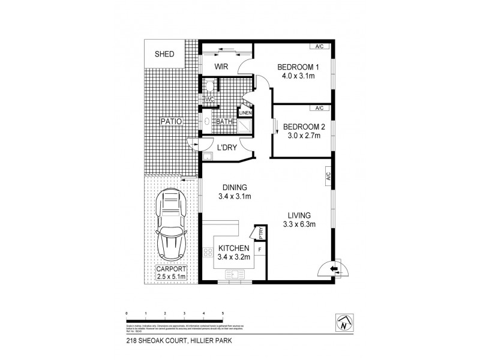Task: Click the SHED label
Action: tap(164, 55)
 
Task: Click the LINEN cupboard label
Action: tap(246, 113)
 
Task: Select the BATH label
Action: tap(224, 122)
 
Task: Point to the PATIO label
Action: tap(170, 122)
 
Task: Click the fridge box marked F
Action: tap(260, 248)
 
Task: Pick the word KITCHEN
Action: tap(233, 248)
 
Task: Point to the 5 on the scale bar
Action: tap(223, 313)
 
